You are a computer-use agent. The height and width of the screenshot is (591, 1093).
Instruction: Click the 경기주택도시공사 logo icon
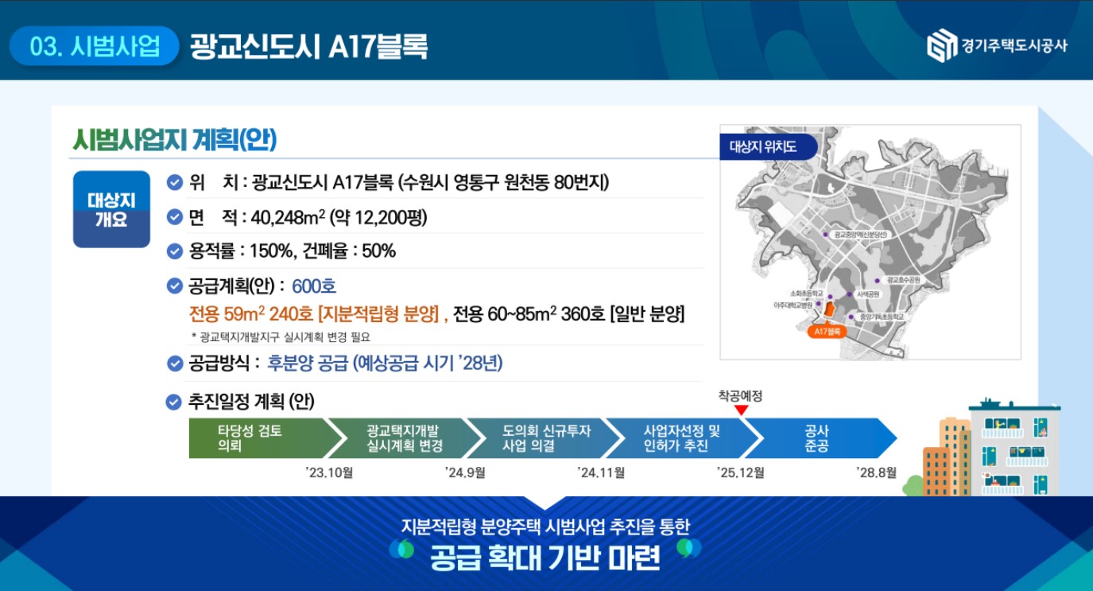tap(941, 45)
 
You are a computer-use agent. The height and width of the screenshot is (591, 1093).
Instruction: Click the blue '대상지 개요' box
tap(111, 209)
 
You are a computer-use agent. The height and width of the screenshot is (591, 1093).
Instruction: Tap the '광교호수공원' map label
tap(903, 280)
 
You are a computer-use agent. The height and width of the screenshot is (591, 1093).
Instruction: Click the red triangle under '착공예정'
tap(741, 410)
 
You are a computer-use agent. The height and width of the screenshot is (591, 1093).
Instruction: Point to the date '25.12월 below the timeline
tap(740, 473)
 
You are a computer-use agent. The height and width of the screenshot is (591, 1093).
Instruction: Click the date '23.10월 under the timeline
tap(329, 473)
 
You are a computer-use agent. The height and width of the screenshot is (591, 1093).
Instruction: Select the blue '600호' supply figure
tap(314, 286)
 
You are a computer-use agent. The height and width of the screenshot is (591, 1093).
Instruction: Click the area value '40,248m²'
tap(285, 218)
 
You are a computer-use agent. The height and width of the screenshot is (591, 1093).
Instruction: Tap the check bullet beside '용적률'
tap(175, 251)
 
